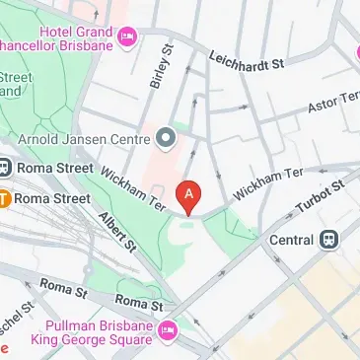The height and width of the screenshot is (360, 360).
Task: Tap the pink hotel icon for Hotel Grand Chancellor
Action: pos(127,37)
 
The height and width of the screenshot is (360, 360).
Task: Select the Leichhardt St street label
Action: pos(247,59)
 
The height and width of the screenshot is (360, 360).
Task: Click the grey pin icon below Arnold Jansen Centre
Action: pos(166,139)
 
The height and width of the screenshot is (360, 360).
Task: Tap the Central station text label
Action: pos(292,238)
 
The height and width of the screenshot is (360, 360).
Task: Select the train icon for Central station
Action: pos(328,238)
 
